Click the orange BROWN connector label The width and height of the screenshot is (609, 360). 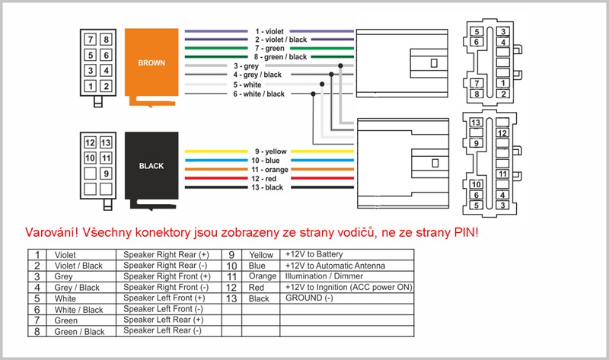coord(151,62)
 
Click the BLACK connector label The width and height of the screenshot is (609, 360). coord(151,164)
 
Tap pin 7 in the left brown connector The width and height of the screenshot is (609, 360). coord(90,40)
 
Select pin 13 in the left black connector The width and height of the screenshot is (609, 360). coord(106,143)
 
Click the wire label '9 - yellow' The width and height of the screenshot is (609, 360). coord(269,151)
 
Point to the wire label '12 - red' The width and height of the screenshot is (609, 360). coord(270,178)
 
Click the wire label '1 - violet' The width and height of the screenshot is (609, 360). coord(270,31)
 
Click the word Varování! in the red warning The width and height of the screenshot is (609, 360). coord(52,231)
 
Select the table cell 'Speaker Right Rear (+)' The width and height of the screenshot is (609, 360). coord(165,254)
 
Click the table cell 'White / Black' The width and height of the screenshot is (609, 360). coord(78,310)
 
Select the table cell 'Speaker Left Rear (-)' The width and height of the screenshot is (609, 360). coord(161,332)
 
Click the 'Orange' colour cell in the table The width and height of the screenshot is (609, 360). coord(263,276)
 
